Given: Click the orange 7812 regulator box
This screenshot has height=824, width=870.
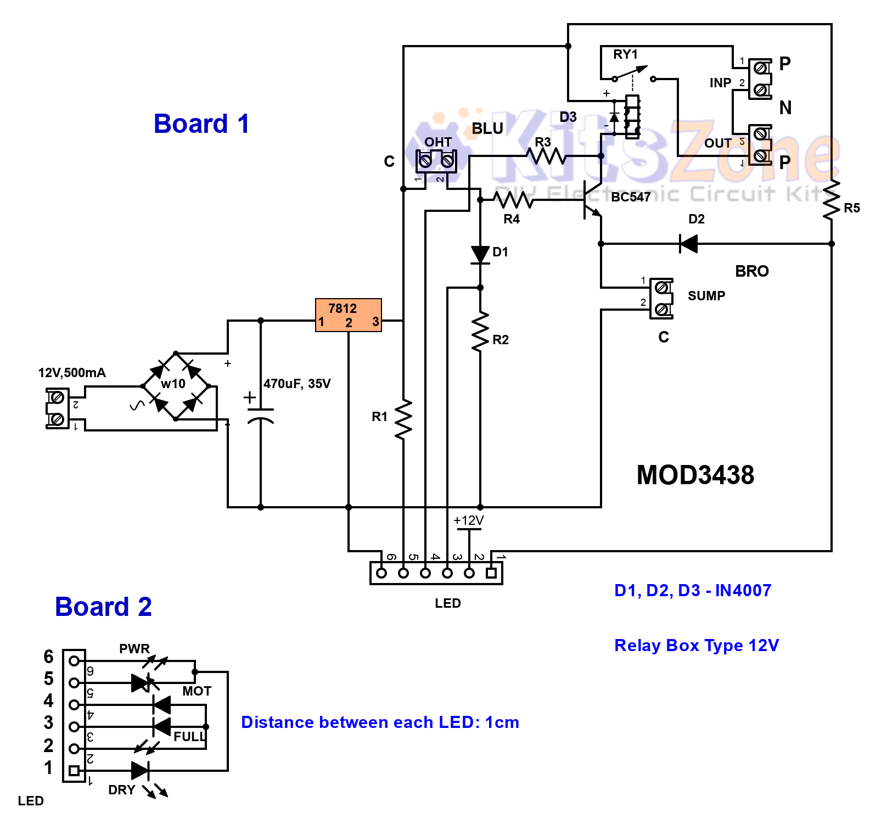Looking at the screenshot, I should [x=348, y=315].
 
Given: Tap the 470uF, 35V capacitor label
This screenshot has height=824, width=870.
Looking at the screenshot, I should [x=297, y=384].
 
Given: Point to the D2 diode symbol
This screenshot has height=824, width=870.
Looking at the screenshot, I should [x=689, y=243].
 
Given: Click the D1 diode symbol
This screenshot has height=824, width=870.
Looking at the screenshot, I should [x=480, y=254].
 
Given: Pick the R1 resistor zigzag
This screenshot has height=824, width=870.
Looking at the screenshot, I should [x=403, y=419].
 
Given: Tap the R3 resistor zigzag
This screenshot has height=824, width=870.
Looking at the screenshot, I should [x=546, y=156].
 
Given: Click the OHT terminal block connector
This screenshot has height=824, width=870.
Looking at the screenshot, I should [x=436, y=161].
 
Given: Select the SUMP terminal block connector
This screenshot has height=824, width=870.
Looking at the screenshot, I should [x=661, y=298].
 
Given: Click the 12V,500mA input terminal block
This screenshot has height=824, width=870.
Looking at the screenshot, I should [x=57, y=408].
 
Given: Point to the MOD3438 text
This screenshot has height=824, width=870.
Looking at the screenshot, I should [x=695, y=475].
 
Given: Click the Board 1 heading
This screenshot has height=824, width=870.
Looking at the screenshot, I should [x=201, y=124].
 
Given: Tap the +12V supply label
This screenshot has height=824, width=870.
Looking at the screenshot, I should [x=469, y=520].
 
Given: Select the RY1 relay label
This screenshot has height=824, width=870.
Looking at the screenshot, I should [x=625, y=54].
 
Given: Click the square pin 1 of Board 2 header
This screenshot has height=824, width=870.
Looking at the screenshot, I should [x=74, y=771].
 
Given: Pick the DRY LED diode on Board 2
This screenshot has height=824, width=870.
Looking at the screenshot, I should [x=140, y=770].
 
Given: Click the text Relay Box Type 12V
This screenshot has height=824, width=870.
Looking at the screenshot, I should [x=696, y=646].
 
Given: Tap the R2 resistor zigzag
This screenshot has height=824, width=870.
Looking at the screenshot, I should [x=480, y=331].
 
